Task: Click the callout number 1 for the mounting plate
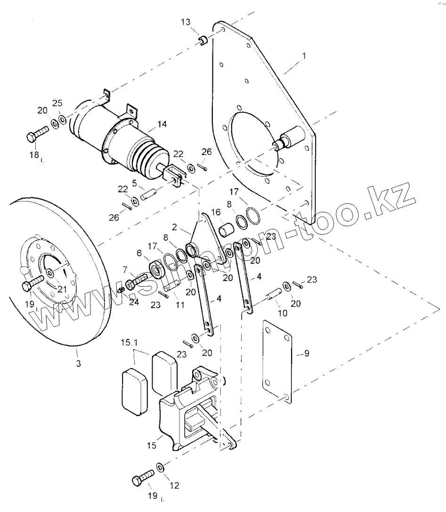(x=304, y=55)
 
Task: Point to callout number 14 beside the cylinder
(x=162, y=125)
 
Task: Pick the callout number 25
(x=57, y=103)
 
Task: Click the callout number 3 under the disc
(x=78, y=363)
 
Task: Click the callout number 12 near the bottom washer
(x=174, y=485)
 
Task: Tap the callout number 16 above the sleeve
(x=216, y=212)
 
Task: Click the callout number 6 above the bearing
(x=139, y=252)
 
